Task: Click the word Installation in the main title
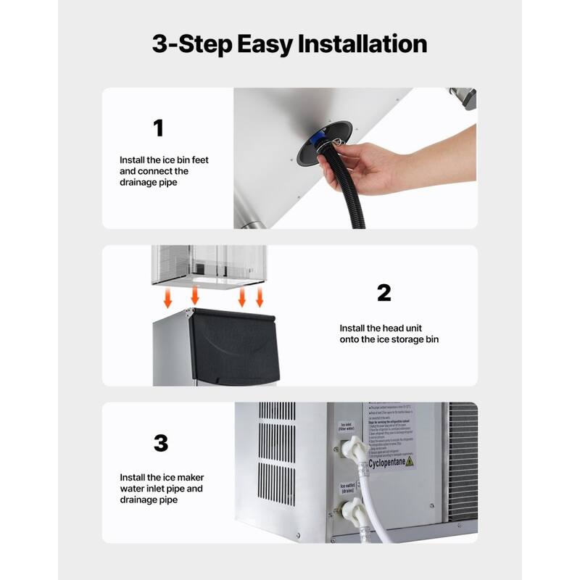361,44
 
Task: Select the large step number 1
158,128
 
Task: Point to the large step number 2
384,292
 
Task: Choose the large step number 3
160,443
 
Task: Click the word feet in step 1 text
199,159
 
